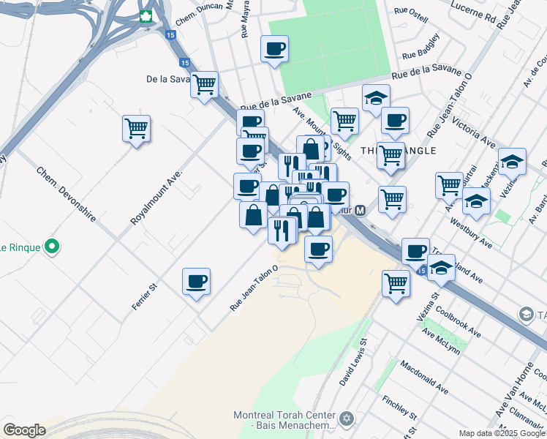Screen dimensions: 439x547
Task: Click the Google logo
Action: coord(24,429)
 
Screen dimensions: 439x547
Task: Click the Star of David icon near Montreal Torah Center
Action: coord(347,419)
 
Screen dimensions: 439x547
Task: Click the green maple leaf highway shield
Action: coord(146,16)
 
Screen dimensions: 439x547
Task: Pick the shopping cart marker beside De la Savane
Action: coord(204,84)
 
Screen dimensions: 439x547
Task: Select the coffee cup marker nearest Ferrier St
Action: coord(196,282)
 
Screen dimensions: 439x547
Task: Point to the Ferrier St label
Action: coord(146,296)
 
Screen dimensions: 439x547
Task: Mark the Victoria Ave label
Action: coord(475,130)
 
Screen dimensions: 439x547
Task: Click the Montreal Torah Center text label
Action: coord(284,415)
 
